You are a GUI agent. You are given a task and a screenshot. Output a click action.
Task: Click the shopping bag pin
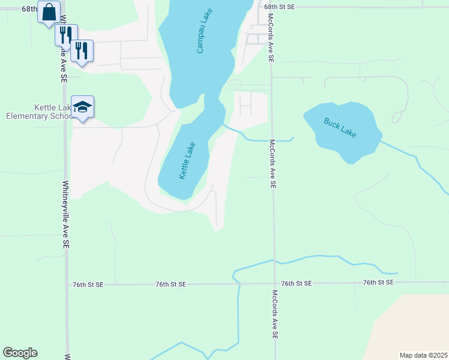(49, 11)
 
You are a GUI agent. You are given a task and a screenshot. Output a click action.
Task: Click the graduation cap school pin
(82, 107)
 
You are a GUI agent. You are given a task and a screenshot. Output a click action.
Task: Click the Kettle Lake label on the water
(187, 161)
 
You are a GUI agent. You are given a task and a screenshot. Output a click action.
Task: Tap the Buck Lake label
(340, 127)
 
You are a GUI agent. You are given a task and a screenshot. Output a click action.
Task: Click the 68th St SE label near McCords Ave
(280, 6)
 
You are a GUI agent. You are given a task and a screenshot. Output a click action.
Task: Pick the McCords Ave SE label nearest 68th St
(271, 38)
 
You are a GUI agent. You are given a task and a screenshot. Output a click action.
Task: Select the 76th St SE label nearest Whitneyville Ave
(88, 284)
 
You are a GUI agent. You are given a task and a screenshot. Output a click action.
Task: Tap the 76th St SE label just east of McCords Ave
(296, 283)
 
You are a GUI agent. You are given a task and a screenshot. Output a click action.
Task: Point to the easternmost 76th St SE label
(378, 282)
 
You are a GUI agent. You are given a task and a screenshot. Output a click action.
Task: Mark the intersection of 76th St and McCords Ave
(274, 283)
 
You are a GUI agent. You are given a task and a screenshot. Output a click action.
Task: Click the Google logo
(20, 353)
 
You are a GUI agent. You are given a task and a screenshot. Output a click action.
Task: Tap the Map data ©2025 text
(423, 355)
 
